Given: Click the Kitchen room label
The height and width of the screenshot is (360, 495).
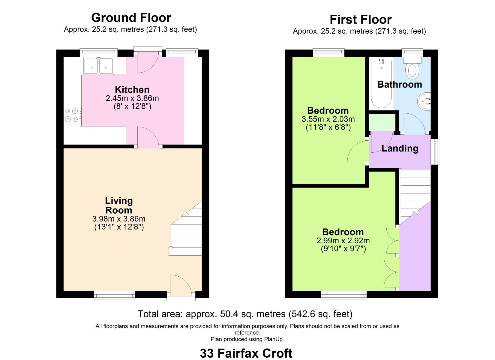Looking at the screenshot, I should (x=132, y=90).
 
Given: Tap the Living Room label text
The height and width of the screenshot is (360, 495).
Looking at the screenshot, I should (x=119, y=205).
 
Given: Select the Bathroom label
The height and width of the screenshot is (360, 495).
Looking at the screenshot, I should (x=399, y=84).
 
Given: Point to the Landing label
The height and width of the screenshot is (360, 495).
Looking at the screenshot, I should (x=400, y=148).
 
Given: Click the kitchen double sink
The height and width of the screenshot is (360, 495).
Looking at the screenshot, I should (x=99, y=66).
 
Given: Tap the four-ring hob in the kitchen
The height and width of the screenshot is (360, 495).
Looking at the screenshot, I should (x=72, y=115).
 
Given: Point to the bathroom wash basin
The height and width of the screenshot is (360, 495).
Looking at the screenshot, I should (x=424, y=101).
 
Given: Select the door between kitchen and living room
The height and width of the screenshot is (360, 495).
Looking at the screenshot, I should (x=148, y=137).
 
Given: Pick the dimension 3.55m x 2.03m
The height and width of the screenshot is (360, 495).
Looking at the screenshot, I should (x=328, y=119).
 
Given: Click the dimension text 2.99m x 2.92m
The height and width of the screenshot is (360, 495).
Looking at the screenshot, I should (x=343, y=241).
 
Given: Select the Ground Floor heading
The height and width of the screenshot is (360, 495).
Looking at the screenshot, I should (x=131, y=17).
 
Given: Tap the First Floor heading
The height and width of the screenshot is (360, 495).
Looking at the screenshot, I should (x=360, y=19).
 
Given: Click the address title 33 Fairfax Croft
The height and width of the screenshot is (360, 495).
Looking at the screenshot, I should (x=246, y=353).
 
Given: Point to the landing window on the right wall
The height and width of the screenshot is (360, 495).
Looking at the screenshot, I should (x=435, y=152).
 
